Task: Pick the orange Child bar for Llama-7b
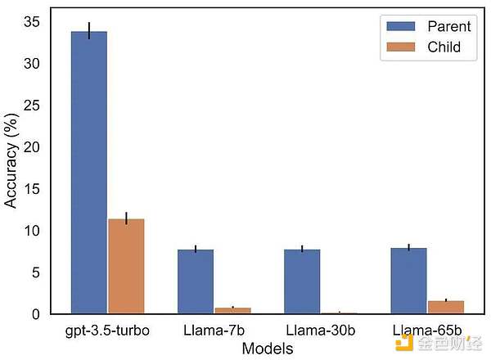(232, 310)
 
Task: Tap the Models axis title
(268, 349)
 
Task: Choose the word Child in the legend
(444, 47)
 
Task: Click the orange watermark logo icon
(403, 341)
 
